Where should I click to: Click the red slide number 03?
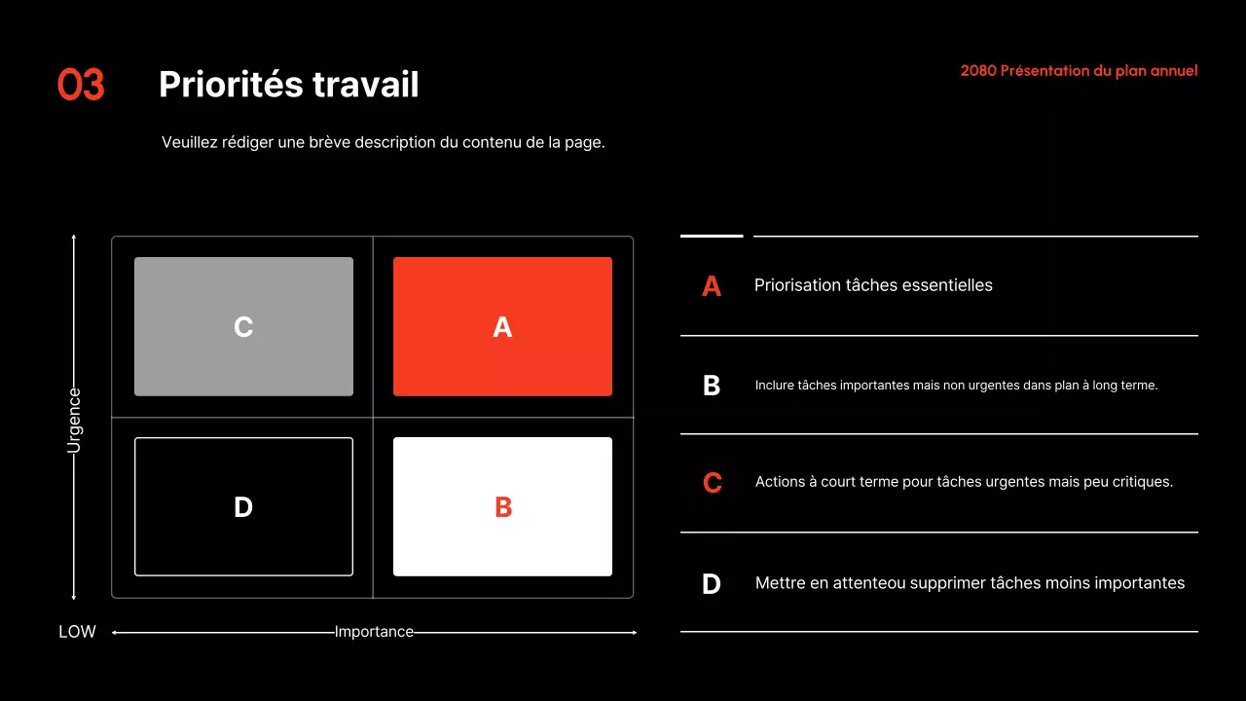81,86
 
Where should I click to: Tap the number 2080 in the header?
978,71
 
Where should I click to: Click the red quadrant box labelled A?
502,326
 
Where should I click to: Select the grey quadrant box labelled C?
243,326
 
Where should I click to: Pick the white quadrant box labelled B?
502,506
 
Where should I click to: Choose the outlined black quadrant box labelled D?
243,506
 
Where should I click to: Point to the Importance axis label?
374,632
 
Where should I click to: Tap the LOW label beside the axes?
77,632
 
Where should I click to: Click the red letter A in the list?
712,286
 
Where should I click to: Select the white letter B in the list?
712,386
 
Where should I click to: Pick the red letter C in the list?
712,483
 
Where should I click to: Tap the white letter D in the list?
712,584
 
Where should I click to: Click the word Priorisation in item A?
797,285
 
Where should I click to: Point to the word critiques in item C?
1140,482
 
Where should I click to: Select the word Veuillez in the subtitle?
189,142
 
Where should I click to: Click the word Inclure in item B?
774,386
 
